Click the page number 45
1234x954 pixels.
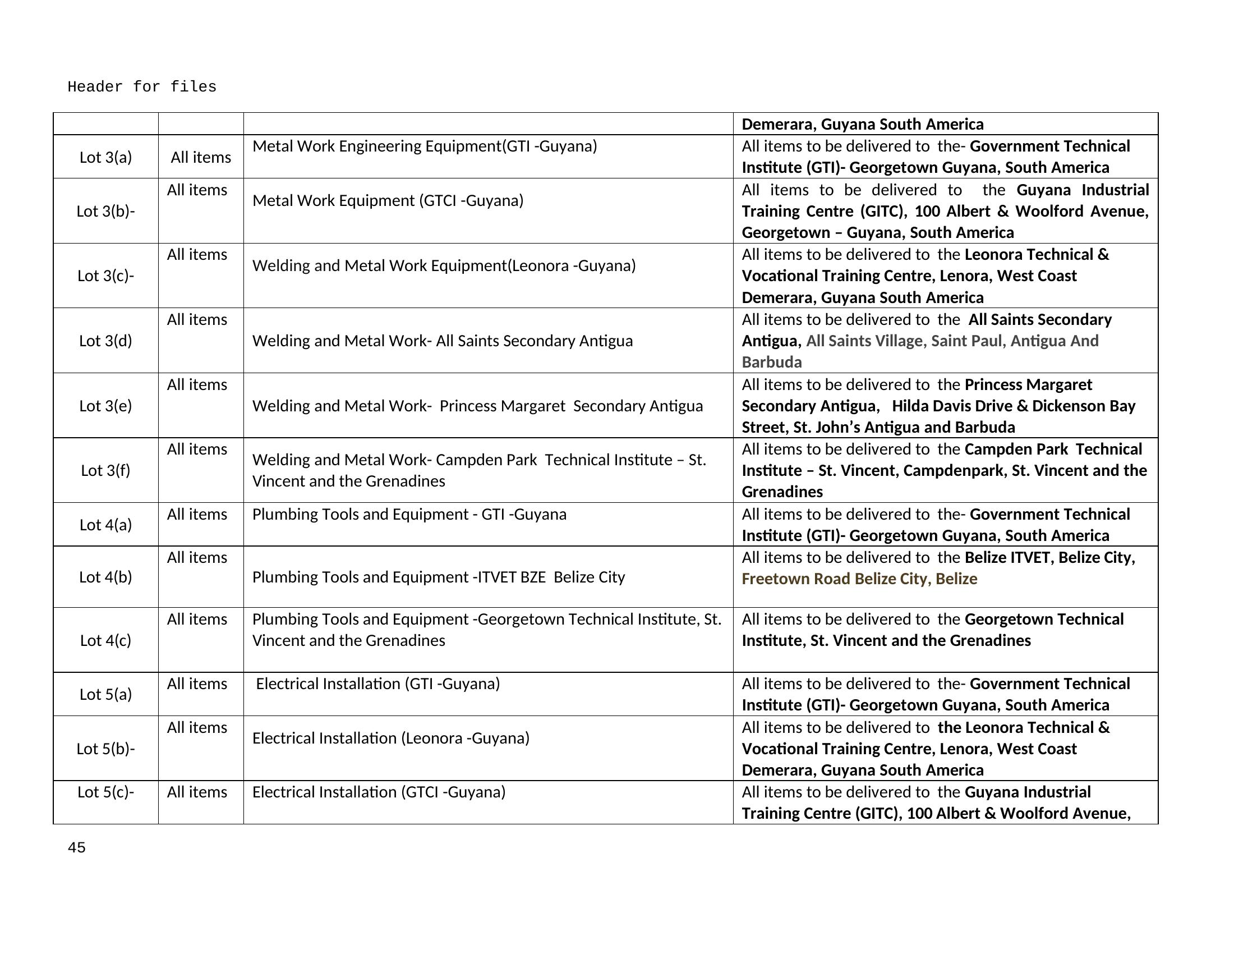coord(76,847)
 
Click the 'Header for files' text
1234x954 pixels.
coord(142,87)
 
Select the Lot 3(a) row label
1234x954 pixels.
coord(105,157)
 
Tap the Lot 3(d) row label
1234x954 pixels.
coord(105,341)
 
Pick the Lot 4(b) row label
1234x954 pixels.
coord(105,577)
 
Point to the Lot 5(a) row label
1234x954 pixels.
coord(105,694)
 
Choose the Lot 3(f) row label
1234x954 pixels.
coord(105,470)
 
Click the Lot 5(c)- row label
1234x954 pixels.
coord(105,792)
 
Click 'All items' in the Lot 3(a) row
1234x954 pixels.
coord(201,157)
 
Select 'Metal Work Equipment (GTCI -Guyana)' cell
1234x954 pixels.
coord(388,201)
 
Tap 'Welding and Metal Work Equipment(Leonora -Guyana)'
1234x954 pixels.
coord(444,265)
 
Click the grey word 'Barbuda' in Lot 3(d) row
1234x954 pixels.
coord(771,363)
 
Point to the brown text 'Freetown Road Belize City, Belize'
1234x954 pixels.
coord(859,579)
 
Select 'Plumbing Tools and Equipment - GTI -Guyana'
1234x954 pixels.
coord(409,514)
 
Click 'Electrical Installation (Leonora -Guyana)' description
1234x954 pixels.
coord(390,738)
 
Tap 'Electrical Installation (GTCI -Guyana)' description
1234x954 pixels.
coord(379,792)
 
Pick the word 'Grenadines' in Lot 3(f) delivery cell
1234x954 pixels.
coord(782,492)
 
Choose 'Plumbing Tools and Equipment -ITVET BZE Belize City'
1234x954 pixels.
coord(439,577)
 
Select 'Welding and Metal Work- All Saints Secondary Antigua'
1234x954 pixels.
coord(443,341)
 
